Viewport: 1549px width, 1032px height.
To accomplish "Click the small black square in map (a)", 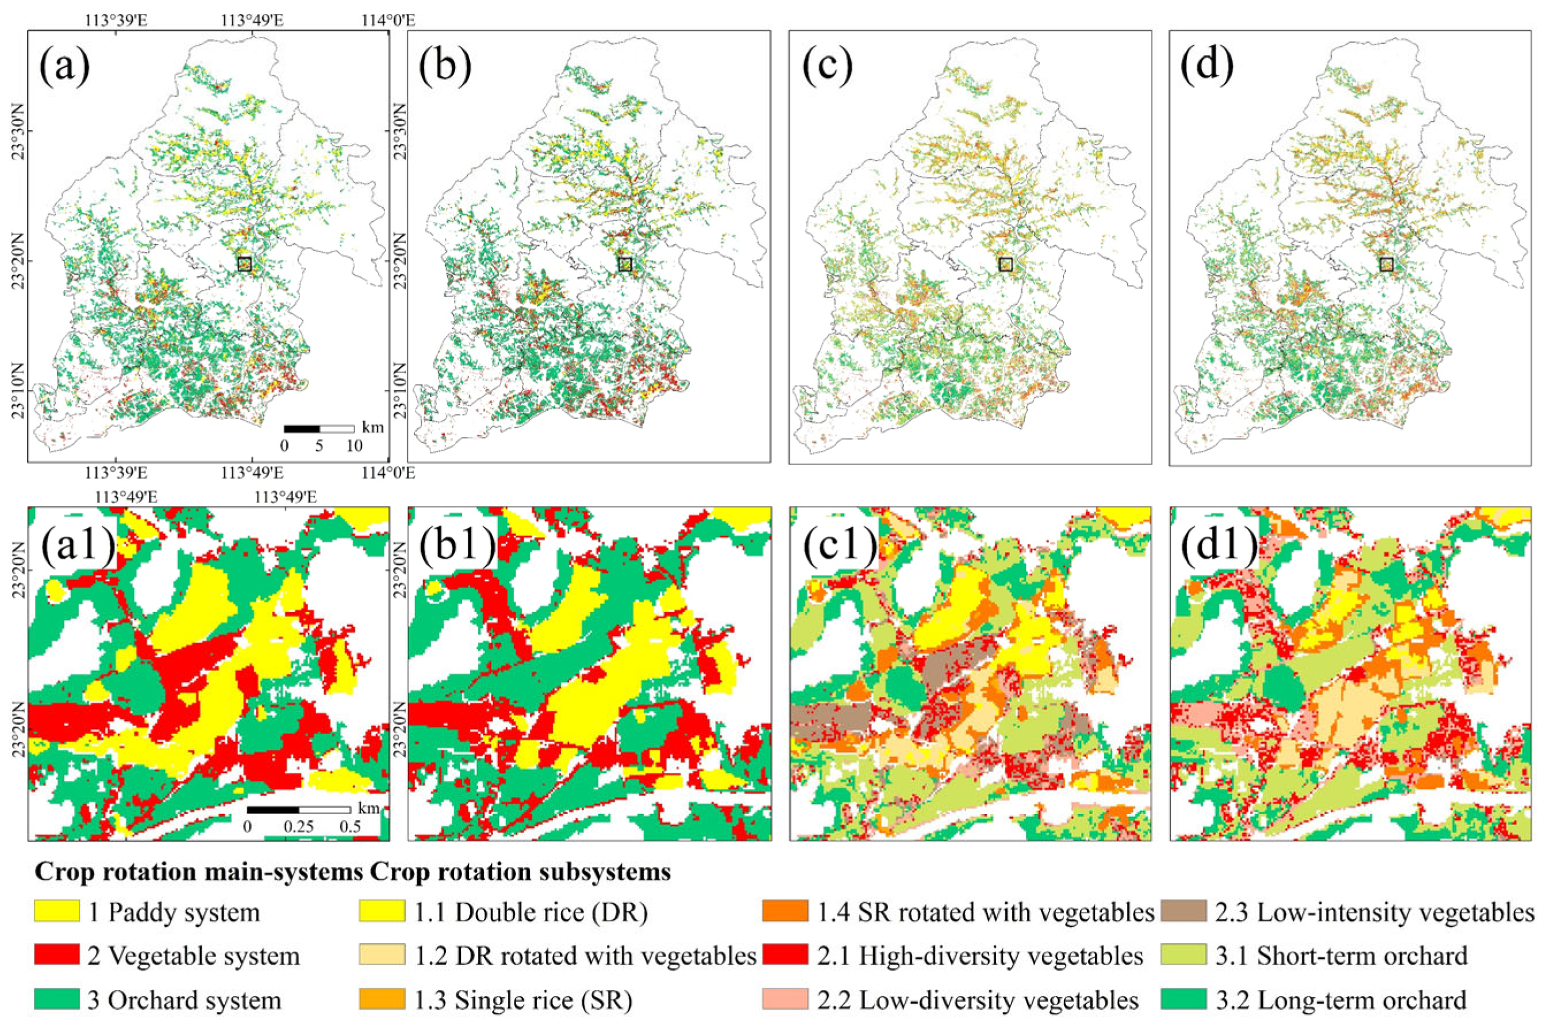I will (x=245, y=264).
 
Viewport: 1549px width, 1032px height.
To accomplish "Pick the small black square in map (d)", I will (x=1386, y=264).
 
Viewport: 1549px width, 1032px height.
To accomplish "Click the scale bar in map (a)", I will (x=319, y=428).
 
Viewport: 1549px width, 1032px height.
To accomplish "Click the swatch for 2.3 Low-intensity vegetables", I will (x=1184, y=912).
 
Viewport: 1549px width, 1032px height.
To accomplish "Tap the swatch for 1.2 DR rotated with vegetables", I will (x=382, y=955).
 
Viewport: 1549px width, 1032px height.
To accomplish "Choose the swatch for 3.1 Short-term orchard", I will (x=1184, y=955).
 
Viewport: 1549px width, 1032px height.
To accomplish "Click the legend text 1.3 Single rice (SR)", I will (x=523, y=1000).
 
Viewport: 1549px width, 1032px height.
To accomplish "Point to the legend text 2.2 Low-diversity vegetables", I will (x=978, y=1000).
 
